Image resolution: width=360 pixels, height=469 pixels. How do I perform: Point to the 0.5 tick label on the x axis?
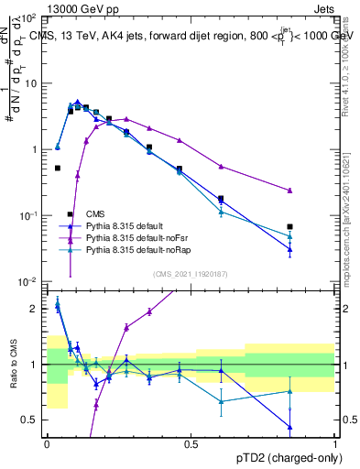pos(191,444)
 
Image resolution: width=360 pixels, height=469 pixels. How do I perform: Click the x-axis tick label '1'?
pos(336,444)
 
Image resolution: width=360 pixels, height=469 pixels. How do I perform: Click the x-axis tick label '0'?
pos(47,444)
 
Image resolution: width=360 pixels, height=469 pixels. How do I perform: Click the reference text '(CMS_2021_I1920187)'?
pos(191,273)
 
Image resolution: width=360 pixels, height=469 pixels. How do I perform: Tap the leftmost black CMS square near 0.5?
pos(58,169)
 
